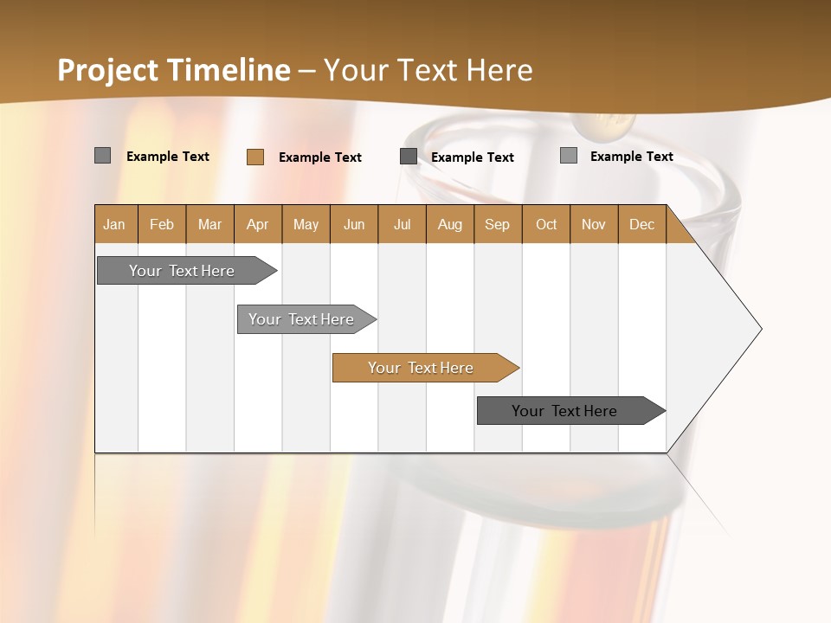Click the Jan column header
click(115, 224)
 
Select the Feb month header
click(162, 224)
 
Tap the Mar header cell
click(209, 224)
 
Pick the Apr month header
click(258, 224)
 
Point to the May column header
click(306, 224)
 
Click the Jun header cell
click(354, 224)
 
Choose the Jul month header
click(402, 224)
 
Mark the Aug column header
click(450, 224)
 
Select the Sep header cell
click(498, 224)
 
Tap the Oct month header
click(546, 224)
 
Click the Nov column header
click(594, 224)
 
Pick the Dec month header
click(642, 224)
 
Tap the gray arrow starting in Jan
click(183, 271)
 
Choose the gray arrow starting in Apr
click(302, 319)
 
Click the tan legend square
click(255, 157)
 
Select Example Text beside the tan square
click(320, 157)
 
